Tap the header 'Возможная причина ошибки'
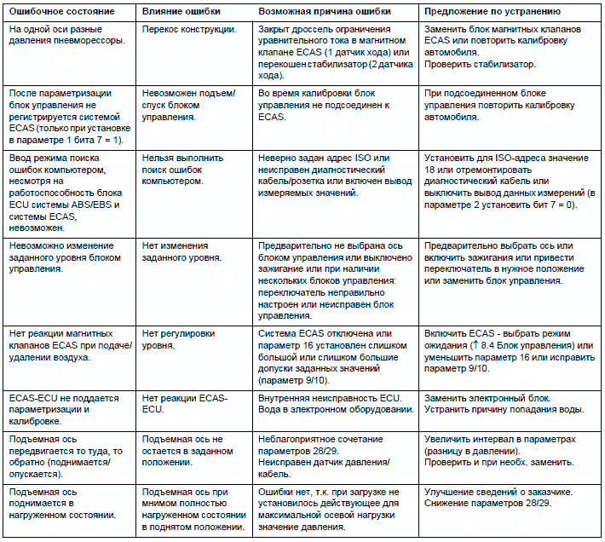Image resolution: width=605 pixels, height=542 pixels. point(321,13)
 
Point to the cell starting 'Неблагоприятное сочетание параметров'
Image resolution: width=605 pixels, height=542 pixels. point(323,450)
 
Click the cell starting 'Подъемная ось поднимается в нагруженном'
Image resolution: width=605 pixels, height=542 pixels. point(60,504)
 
